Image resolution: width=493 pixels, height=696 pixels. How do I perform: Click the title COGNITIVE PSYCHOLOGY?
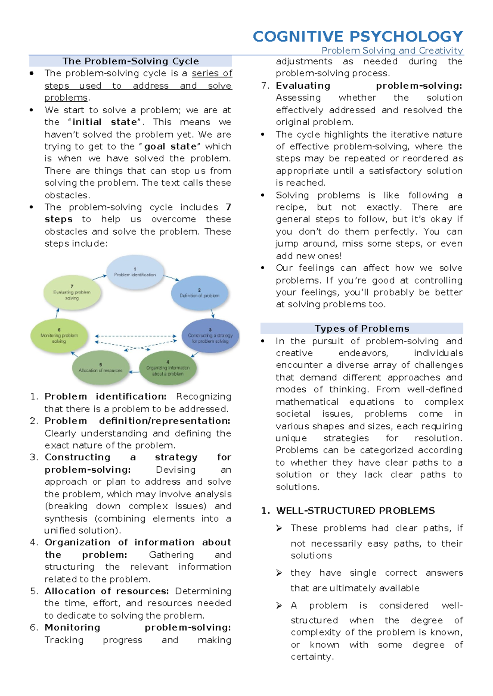coord(358,37)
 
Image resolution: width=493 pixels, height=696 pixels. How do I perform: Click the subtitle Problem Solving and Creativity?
coord(392,50)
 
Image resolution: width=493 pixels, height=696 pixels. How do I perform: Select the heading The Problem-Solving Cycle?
coord(131,61)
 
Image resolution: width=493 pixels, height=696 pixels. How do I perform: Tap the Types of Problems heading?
coord(362,328)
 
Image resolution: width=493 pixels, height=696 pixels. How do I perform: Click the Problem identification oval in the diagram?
coord(135,272)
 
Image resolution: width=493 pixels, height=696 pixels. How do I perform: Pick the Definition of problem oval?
coord(199,293)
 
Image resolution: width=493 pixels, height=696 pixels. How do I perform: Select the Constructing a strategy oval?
coord(210,336)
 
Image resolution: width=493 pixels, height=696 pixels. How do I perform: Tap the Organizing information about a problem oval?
coord(168,368)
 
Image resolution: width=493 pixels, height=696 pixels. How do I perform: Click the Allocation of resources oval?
coord(101,368)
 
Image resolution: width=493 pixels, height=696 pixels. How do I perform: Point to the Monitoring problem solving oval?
coord(59,336)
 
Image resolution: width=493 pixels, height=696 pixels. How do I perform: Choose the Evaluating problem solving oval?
coord(72,293)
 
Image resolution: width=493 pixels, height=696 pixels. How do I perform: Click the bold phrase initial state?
coord(104,122)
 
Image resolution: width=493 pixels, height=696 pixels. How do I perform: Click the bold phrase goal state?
coord(170,147)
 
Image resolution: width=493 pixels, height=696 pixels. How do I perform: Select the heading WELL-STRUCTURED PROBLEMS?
coord(355,511)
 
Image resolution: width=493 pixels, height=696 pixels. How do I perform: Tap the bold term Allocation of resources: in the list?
coord(107,591)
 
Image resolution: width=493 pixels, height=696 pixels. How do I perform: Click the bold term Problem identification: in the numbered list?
coord(106,396)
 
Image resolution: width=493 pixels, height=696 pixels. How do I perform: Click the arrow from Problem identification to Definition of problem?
coord(172,278)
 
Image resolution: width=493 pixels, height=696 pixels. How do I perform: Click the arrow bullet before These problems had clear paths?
coord(279,528)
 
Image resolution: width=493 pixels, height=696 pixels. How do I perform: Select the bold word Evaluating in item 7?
coord(303,85)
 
